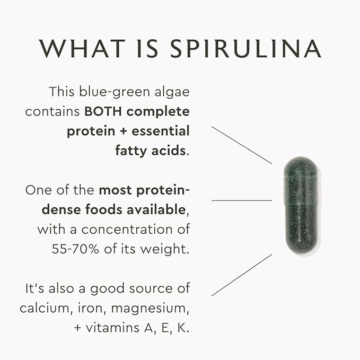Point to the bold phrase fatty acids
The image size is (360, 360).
pos(150,150)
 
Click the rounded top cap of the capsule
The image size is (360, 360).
pos(300,167)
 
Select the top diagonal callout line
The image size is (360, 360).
pos(241,145)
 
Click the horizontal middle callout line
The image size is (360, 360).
pos(241,200)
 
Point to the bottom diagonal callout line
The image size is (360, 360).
pos(241,274)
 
